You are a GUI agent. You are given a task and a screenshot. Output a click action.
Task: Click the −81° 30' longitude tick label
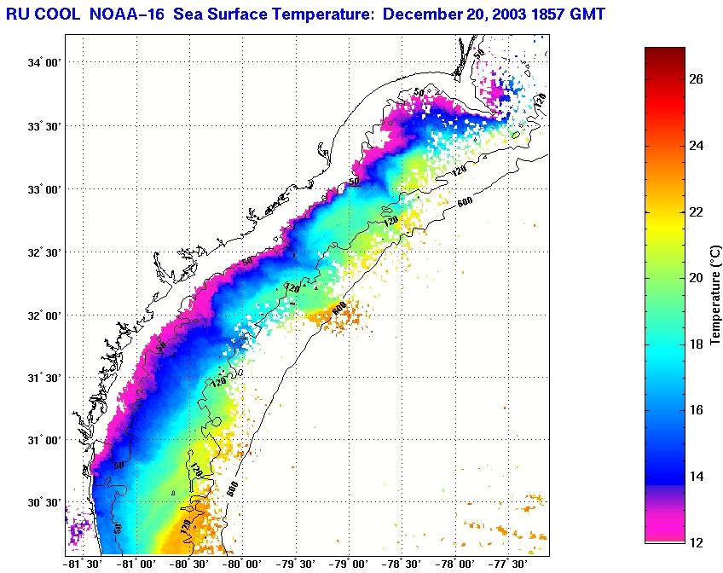83,564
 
